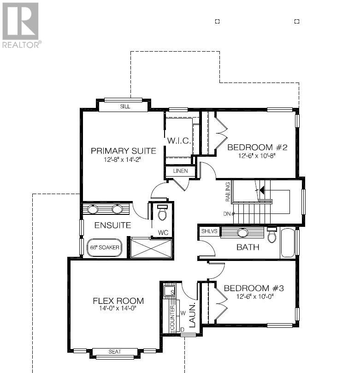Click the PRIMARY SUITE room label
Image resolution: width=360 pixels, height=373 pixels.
[124, 151]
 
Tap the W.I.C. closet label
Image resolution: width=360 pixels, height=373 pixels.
[179, 141]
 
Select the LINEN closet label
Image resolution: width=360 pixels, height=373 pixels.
[181, 171]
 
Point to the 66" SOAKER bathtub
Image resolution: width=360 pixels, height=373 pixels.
[104, 248]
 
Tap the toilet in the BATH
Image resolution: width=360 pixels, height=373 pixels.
[271, 235]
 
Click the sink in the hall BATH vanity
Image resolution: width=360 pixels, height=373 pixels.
[242, 233]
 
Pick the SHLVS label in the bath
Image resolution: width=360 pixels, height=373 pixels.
[209, 231]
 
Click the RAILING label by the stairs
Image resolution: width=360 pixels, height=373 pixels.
[228, 192]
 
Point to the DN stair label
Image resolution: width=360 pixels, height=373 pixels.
[227, 213]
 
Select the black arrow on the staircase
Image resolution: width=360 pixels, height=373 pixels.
[262, 190]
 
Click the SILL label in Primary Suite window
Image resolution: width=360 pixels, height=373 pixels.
[125, 107]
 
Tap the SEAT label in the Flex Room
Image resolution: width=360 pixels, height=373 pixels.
[115, 351]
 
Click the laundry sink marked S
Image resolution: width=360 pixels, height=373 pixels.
[169, 291]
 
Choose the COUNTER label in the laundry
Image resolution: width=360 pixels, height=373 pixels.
[172, 318]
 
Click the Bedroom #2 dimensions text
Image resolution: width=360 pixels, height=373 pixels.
[257, 156]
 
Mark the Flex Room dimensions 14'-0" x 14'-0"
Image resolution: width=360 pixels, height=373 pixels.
[118, 308]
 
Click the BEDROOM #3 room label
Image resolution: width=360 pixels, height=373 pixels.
[254, 288]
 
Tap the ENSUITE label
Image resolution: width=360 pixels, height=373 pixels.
[113, 225]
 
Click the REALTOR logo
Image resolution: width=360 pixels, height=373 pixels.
[21, 25]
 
